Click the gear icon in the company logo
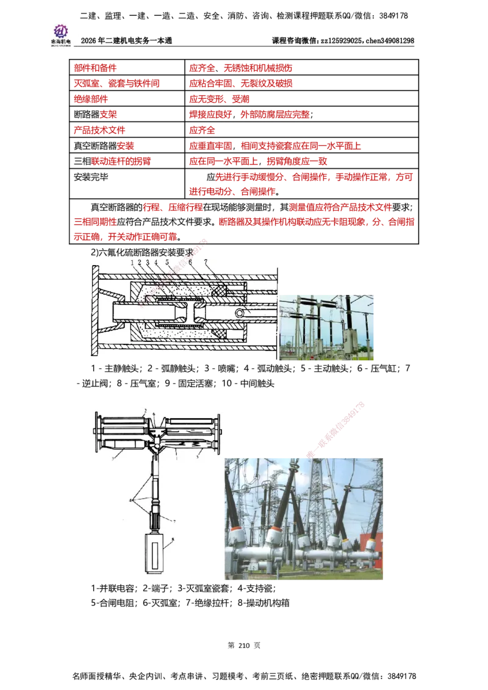(x=60, y=30)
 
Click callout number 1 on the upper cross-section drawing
(x=132, y=263)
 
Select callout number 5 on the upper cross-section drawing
(x=167, y=263)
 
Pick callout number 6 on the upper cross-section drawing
(x=190, y=263)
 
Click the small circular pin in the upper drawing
(x=243, y=313)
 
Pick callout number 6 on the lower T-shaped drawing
(x=154, y=414)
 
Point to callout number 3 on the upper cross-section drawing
(x=148, y=263)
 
